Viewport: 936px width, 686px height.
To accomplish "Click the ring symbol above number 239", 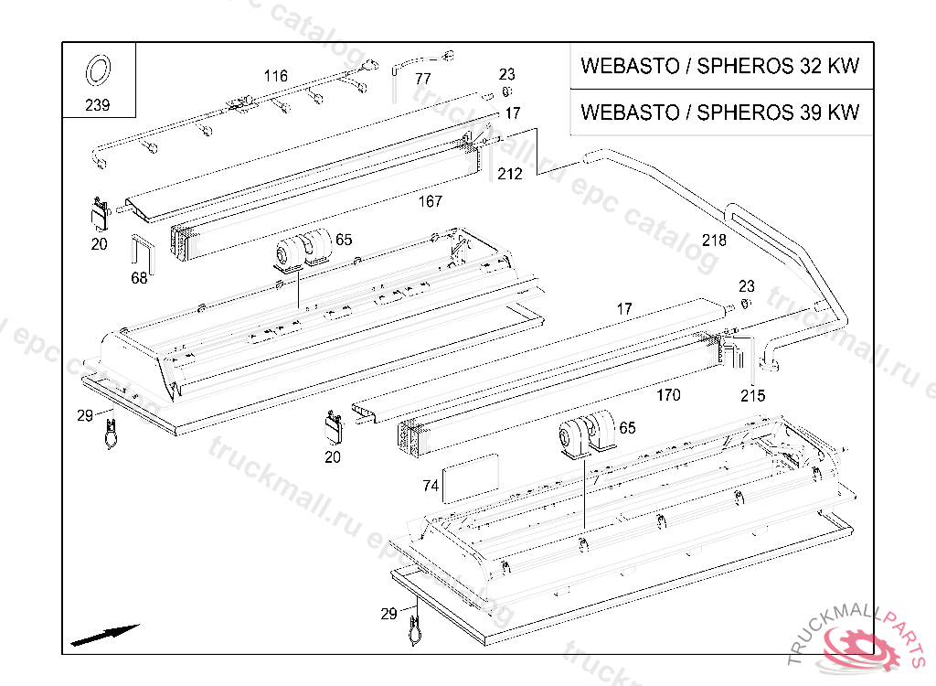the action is tap(98, 70).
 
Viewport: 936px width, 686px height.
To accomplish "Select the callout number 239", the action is tap(97, 105).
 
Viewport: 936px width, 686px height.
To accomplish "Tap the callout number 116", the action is tap(275, 76).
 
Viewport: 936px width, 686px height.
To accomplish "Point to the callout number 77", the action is tap(422, 79).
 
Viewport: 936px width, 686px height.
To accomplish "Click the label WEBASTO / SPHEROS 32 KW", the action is tap(720, 67).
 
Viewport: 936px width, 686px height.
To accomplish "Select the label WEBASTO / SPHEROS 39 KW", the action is tap(720, 113).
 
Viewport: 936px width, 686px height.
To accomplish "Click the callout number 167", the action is tap(429, 201).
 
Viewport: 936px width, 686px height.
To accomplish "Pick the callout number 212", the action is tap(510, 174).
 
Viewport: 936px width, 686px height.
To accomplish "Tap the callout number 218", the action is tap(714, 241).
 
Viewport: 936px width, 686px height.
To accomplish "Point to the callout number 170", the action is tap(668, 396).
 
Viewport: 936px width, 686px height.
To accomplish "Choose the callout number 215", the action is tap(753, 396).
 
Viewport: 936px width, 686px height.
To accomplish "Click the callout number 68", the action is tap(139, 278).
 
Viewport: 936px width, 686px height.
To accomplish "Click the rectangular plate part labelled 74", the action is tap(471, 477).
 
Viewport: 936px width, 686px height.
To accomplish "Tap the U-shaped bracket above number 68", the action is tap(144, 253).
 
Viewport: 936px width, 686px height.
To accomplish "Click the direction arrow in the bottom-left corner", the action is tap(104, 634).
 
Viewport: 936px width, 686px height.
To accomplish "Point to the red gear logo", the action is tap(860, 646).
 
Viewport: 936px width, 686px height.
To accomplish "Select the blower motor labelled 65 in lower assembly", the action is tap(586, 434).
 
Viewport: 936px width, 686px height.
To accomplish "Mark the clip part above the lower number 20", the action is tap(333, 425).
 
